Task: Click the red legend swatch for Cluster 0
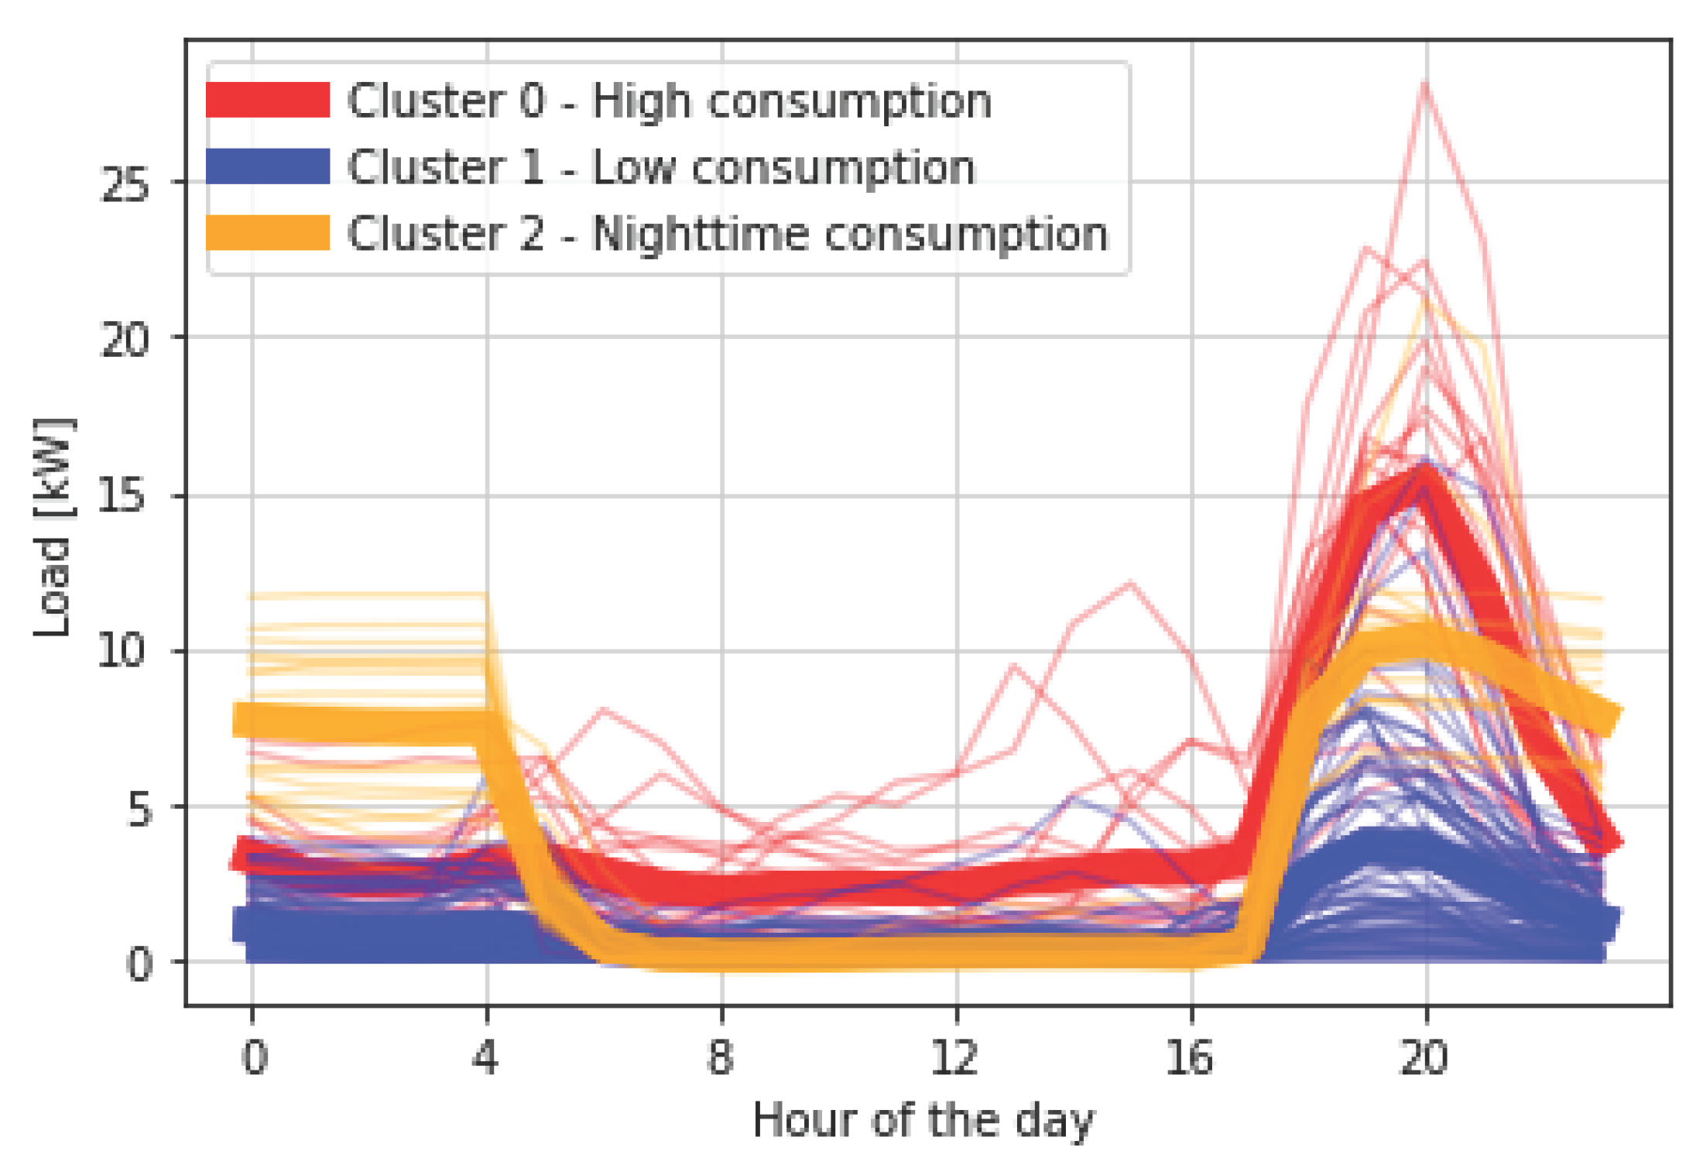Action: point(268,100)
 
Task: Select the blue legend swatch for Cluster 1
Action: point(268,166)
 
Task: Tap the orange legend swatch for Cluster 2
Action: point(268,233)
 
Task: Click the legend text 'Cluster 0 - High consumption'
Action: point(670,101)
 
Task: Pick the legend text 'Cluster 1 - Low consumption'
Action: point(662,168)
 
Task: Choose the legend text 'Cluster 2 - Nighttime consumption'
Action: point(728,235)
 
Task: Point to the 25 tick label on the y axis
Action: point(124,186)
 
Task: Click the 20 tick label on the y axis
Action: point(124,340)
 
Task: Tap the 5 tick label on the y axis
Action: point(139,810)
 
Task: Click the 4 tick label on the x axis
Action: point(486,1057)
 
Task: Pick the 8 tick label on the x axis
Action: point(721,1057)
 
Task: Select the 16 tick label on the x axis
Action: point(1190,1057)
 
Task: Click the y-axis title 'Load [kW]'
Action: point(53,526)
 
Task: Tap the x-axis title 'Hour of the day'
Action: point(923,1122)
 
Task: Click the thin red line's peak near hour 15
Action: point(1131,581)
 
